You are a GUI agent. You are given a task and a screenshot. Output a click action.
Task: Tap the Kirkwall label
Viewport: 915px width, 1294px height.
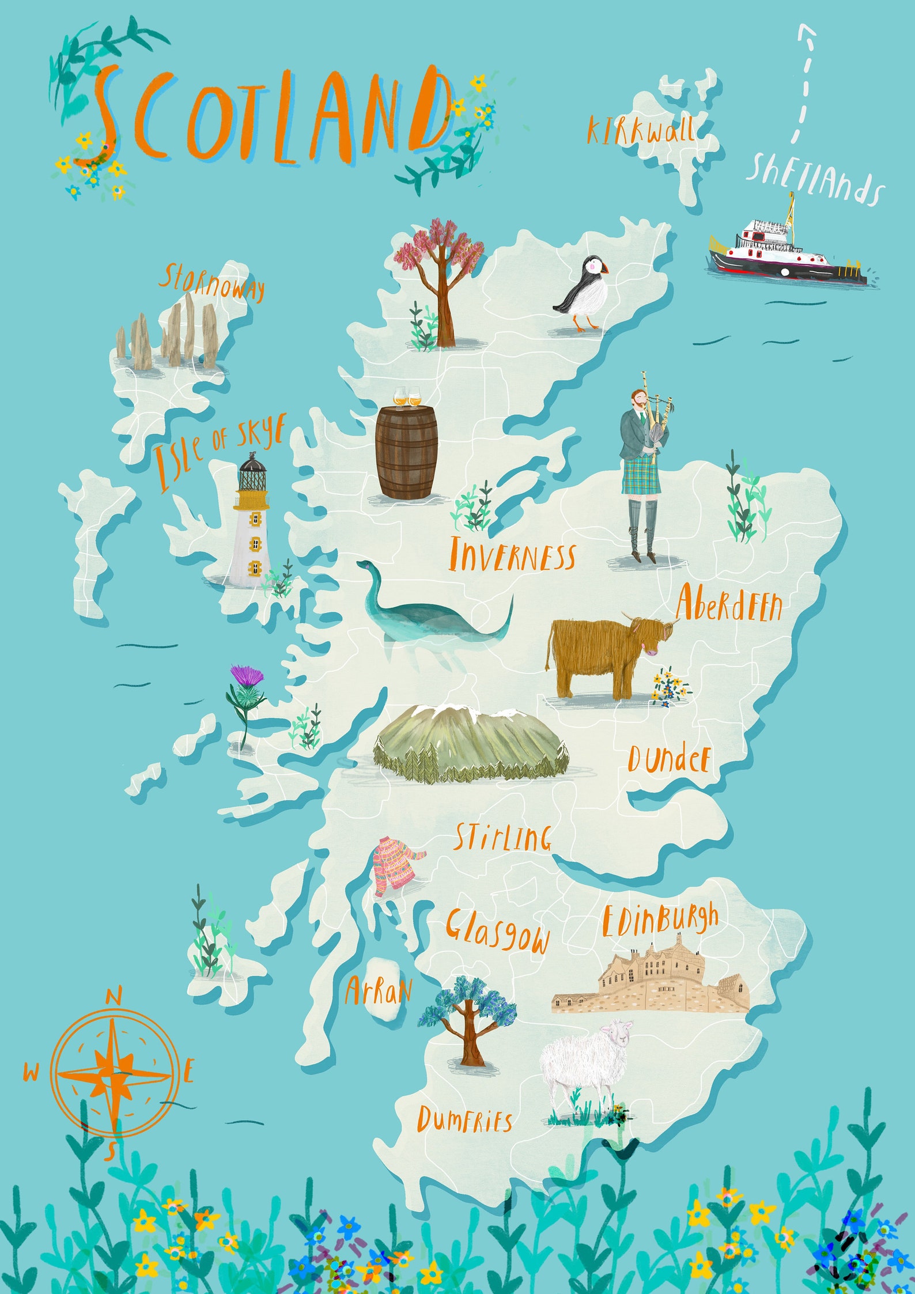point(640,130)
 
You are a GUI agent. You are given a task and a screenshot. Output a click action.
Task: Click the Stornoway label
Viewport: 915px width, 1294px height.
point(211,282)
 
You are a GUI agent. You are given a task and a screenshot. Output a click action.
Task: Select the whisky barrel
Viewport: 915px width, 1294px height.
point(406,452)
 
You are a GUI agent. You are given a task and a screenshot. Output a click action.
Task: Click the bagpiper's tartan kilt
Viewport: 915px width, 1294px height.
point(640,475)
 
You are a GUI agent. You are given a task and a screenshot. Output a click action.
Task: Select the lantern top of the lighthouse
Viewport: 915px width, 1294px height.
point(252,475)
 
